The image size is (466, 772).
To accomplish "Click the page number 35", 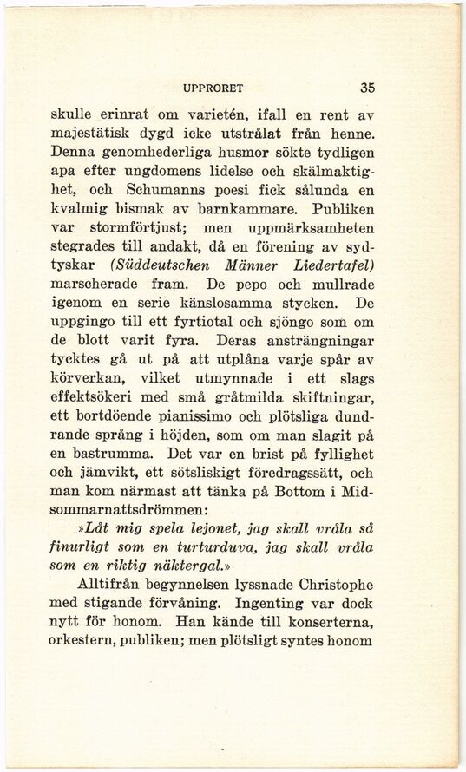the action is coord(367,88).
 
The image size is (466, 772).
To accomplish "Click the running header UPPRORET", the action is coord(213,88).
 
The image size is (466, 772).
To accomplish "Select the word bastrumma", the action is coord(111,453).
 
